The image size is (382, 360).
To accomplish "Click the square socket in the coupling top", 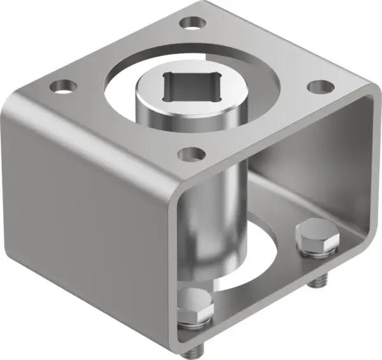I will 189,88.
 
